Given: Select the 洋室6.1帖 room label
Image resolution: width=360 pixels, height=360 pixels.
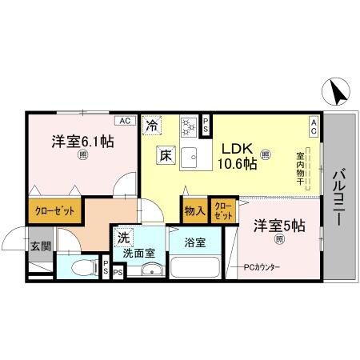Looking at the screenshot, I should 82,142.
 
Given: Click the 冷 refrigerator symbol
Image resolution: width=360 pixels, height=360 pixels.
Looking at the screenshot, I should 152,125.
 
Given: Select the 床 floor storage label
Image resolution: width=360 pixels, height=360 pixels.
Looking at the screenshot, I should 164,154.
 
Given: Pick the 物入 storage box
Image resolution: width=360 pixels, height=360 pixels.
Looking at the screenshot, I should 194,211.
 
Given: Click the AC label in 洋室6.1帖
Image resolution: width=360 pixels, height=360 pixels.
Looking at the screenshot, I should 123,121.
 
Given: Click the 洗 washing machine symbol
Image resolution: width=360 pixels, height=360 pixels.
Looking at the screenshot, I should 124,238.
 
